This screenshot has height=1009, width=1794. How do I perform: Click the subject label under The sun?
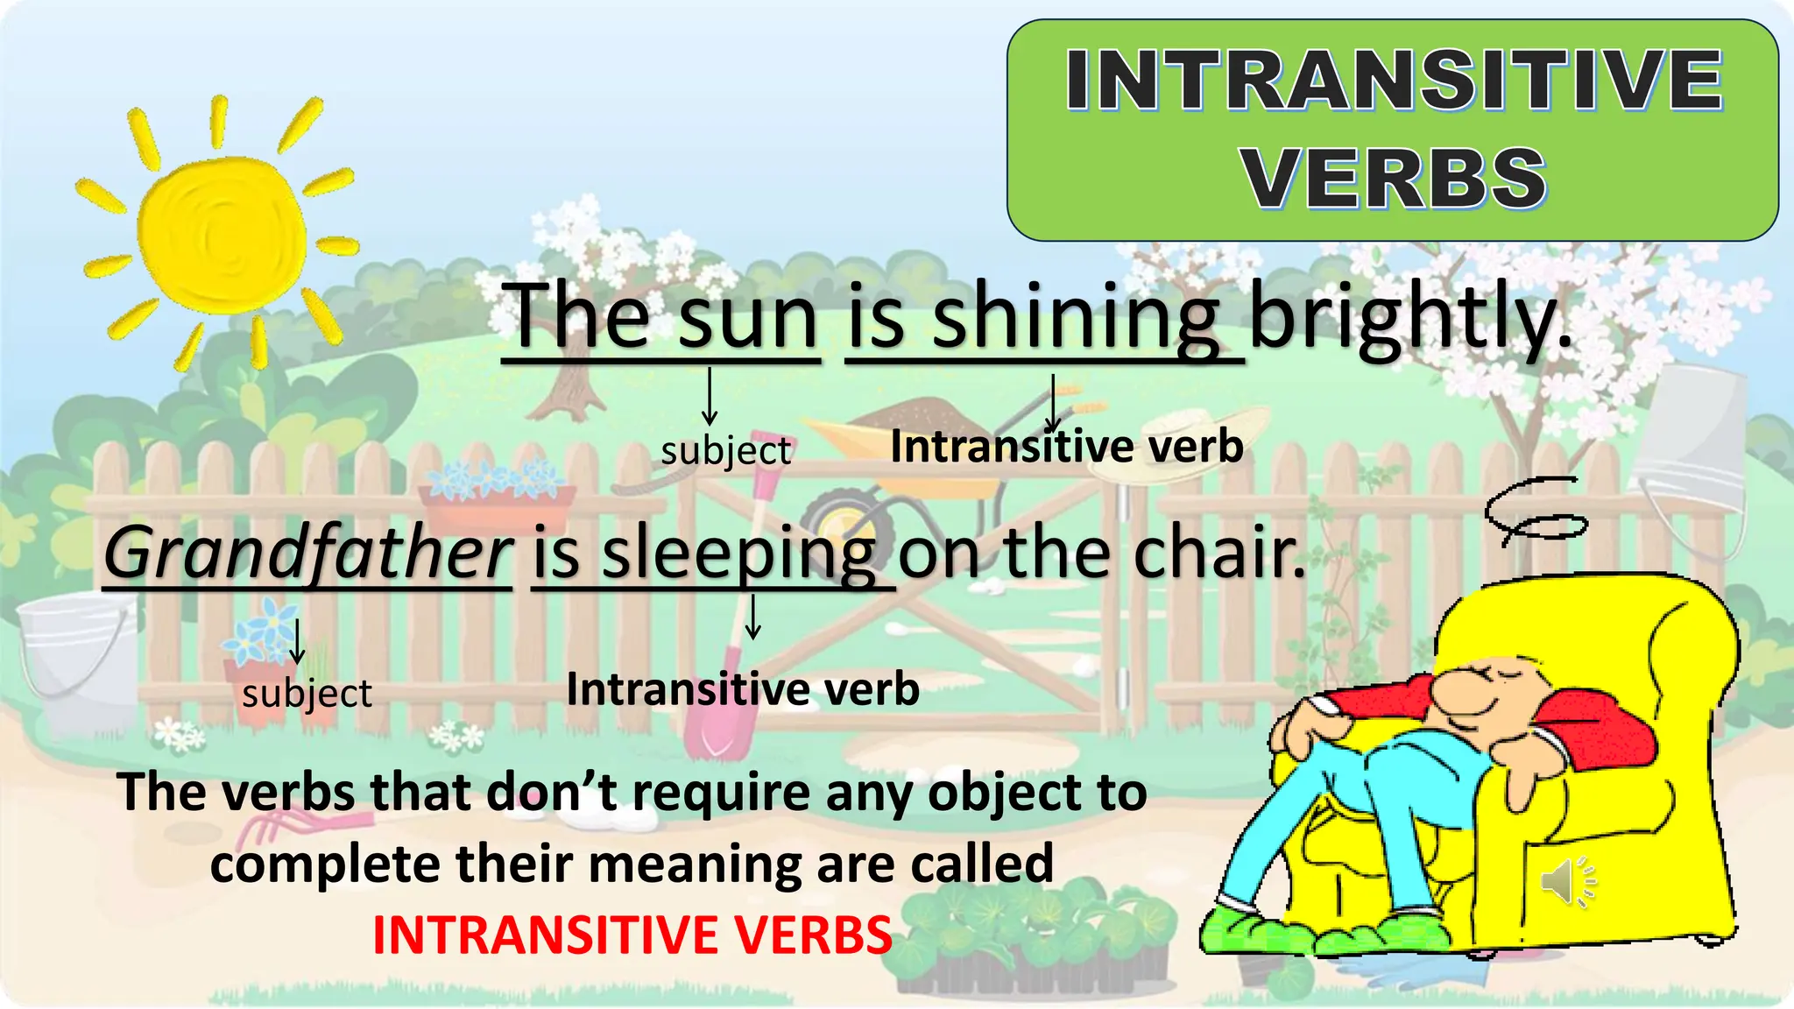[x=726, y=451]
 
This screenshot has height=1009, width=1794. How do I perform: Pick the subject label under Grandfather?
[x=307, y=694]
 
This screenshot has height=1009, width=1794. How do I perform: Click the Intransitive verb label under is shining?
[x=1067, y=447]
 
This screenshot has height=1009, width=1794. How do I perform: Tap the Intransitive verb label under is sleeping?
[x=743, y=689]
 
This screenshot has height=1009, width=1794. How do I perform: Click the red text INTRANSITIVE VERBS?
[x=632, y=935]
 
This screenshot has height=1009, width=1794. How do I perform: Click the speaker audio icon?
[x=1567, y=881]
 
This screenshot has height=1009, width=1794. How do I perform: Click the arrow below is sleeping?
[x=752, y=617]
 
